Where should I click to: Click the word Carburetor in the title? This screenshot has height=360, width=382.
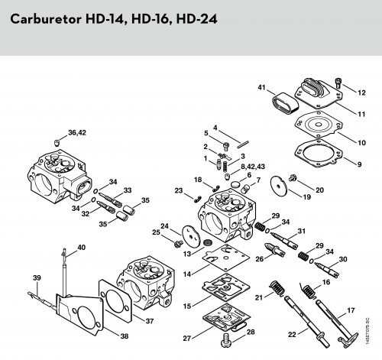tap(46, 19)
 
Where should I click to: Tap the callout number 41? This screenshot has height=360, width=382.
tap(261, 87)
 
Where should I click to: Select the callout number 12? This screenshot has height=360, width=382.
tap(361, 92)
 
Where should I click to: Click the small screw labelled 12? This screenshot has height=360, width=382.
tap(339, 83)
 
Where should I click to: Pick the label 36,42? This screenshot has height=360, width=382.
tap(77, 133)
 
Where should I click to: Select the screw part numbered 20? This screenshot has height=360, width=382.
tap(293, 177)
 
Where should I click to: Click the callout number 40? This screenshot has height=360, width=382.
tap(82, 248)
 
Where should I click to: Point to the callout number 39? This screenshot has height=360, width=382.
tap(37, 277)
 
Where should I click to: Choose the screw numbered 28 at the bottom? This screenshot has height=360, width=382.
tap(225, 339)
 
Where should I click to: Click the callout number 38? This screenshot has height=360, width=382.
tap(125, 336)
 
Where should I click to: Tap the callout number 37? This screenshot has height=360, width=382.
tap(150, 321)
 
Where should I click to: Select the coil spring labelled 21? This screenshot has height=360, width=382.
tap(277, 288)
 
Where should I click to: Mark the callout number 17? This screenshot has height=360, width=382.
tap(351, 310)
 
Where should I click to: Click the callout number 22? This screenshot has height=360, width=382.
tap(292, 334)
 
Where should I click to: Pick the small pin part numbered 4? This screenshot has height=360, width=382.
tap(244, 144)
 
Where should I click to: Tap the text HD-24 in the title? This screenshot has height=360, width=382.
tap(196, 19)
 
